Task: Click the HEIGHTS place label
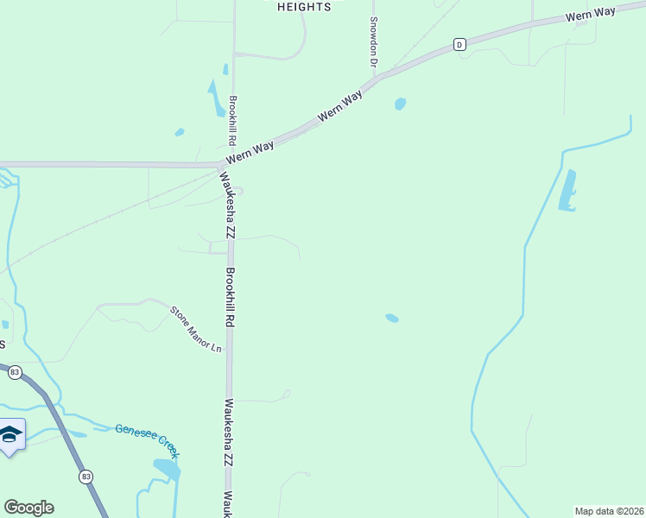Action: pos(304,7)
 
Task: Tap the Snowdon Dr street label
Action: pos(374,41)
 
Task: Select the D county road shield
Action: pos(459,44)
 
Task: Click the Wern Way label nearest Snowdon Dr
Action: pos(340,108)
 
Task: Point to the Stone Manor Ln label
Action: pos(196,329)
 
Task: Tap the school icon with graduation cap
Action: pos(10,434)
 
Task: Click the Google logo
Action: pos(28,508)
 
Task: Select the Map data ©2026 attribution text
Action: pos(609,511)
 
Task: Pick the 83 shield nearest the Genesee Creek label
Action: pos(85,477)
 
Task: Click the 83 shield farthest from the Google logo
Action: pos(14,372)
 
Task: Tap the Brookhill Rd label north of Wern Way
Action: pos(232,120)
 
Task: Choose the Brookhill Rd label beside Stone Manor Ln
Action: pos(230,295)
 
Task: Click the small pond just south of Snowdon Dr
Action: pos(400,104)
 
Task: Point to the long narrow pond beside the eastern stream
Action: pos(567,192)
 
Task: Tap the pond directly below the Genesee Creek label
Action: pos(167,469)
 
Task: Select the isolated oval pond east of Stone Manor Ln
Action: pos(392,318)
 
